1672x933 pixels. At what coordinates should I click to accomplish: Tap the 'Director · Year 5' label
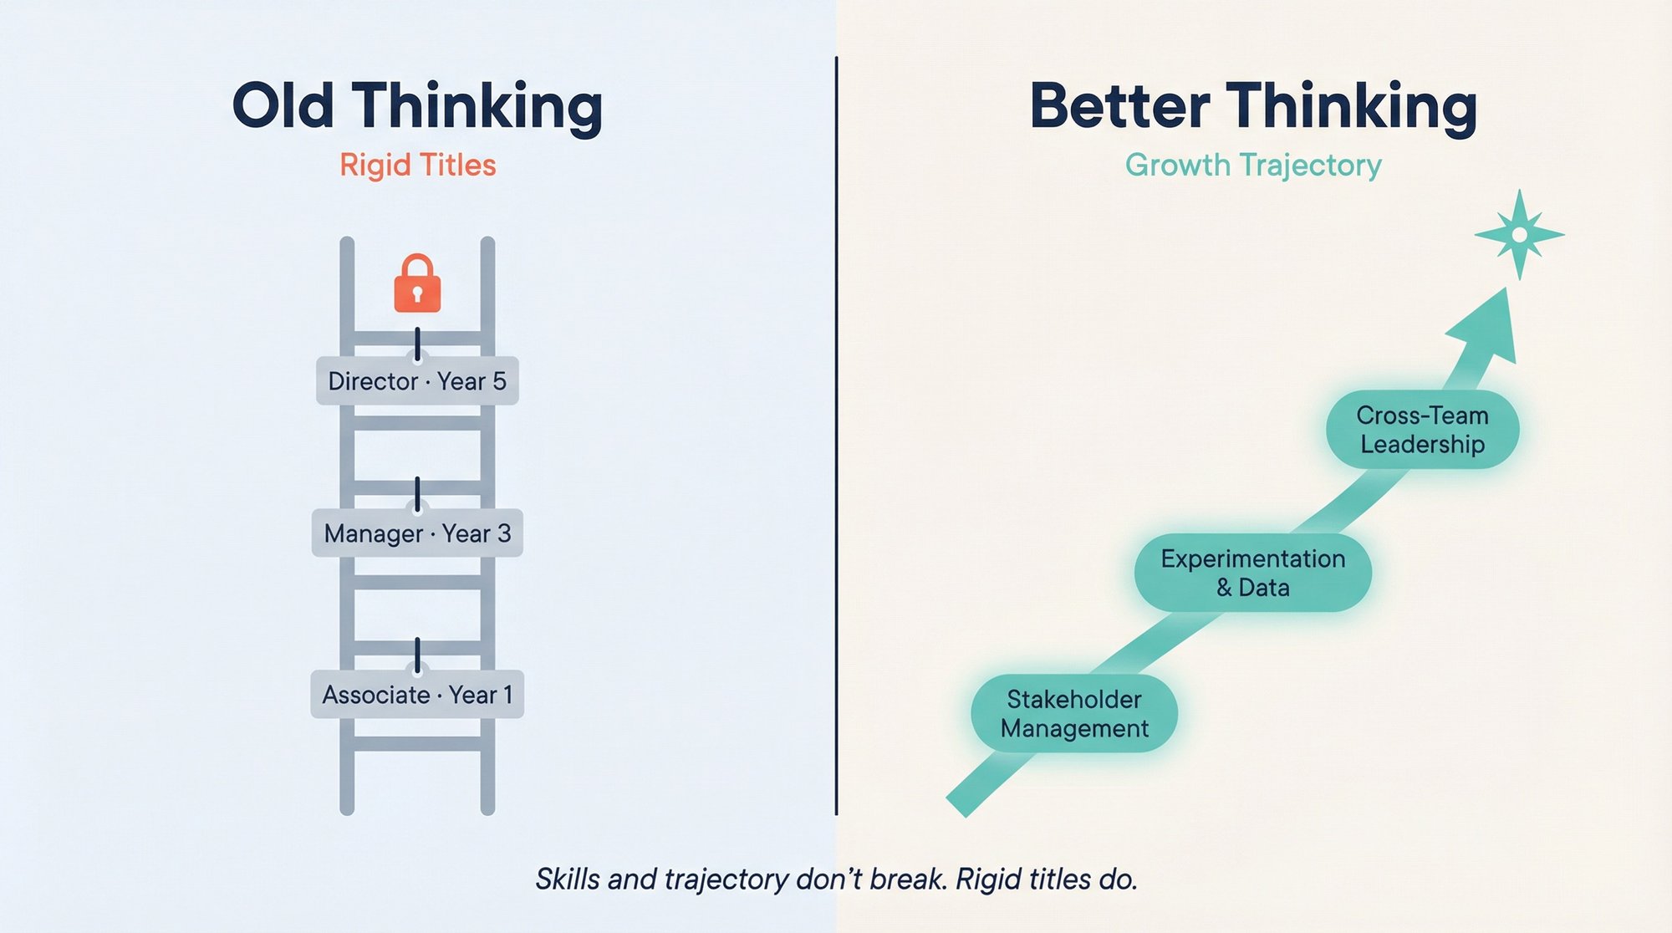tap(417, 381)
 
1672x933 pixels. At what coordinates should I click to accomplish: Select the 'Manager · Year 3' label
tap(417, 533)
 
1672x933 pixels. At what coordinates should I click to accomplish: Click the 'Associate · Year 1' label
tap(417, 695)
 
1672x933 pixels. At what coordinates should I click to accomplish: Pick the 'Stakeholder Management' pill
tap(1074, 714)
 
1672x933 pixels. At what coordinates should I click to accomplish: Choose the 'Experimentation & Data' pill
tap(1252, 573)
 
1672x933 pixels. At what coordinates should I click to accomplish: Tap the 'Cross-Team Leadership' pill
tap(1422, 430)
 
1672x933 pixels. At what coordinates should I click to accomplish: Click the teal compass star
tap(1519, 235)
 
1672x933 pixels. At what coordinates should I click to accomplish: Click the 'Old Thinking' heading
tap(417, 106)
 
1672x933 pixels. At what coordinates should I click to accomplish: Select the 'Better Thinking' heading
tap(1253, 106)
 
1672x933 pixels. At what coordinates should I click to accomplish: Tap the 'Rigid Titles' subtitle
tap(417, 165)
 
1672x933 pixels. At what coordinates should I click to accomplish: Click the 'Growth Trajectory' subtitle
tap(1253, 165)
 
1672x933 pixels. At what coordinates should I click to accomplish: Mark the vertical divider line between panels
tap(836, 435)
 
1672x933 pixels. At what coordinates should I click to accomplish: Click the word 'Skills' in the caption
tap(567, 879)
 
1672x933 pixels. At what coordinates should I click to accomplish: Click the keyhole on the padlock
tap(417, 294)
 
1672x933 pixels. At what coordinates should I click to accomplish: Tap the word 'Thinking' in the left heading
tap(477, 106)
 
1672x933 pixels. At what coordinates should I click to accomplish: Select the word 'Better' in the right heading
tap(1119, 106)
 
